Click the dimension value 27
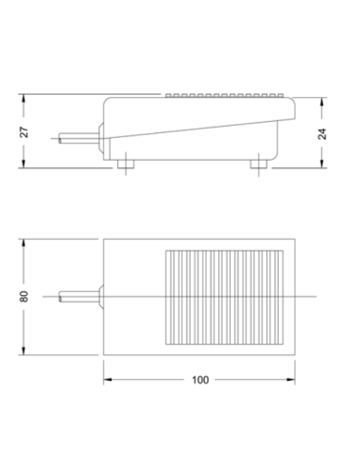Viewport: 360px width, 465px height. pos(25,132)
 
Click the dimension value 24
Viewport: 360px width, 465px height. pos(322,134)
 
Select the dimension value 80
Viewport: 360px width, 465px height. pos(24,297)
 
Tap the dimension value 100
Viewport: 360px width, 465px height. pos(200,380)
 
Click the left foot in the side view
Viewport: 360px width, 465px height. pos(126,164)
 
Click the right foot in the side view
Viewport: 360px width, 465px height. pos(259,164)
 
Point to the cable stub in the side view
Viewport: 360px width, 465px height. pos(78,138)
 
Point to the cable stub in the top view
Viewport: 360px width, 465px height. pos(78,297)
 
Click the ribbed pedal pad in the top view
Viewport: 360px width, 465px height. pos(224,298)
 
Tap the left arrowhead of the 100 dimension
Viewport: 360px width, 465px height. pos(108,380)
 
